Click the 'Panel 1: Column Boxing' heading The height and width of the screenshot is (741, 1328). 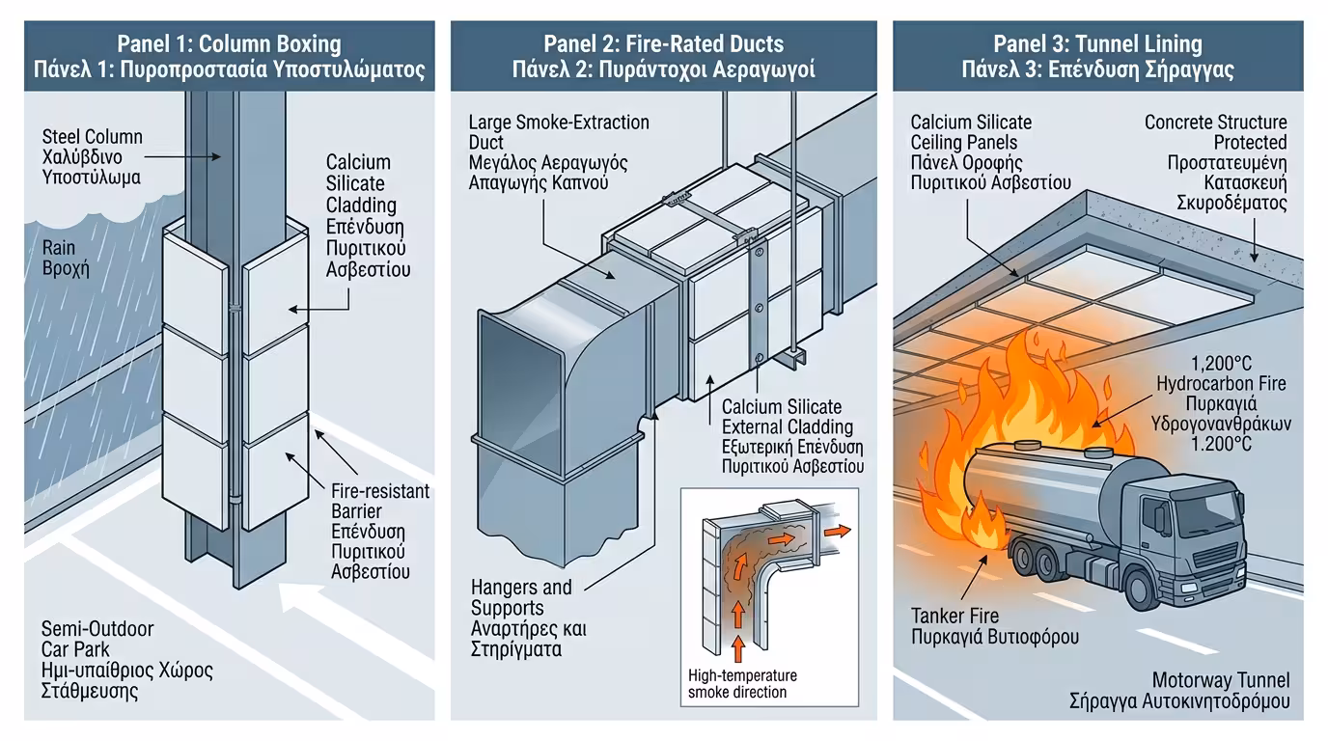coord(229,43)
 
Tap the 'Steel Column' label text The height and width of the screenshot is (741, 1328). coord(92,137)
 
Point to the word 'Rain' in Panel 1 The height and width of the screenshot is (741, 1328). coord(59,248)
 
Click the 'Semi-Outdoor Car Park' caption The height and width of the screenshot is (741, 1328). coord(97,640)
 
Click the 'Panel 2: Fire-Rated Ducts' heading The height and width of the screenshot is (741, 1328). coord(663,43)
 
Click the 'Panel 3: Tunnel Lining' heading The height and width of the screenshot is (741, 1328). coord(1097,43)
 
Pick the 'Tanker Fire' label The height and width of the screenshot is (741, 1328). coord(955,616)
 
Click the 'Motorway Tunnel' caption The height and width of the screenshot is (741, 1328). coord(1220,681)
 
